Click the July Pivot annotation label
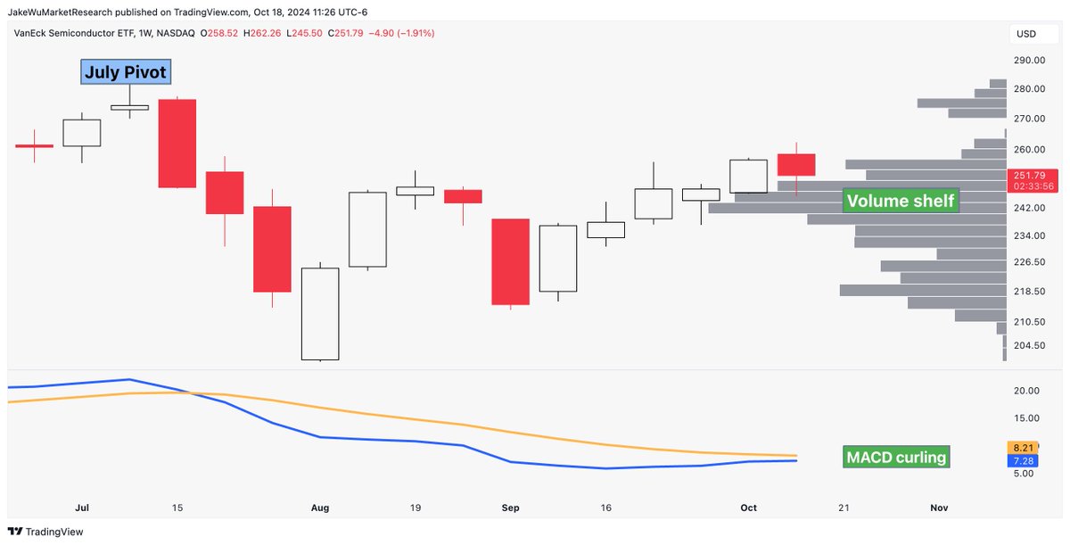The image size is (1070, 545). [x=125, y=72]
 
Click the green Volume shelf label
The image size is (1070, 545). [x=900, y=201]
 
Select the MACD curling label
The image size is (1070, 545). [x=895, y=458]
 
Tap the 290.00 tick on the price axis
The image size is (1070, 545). [x=1029, y=61]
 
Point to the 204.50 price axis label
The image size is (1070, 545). [x=1029, y=345]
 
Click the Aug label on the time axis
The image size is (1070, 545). [x=320, y=508]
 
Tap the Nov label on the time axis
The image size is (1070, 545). [x=938, y=508]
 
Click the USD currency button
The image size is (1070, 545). [x=1026, y=34]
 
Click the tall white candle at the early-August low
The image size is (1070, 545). [x=319, y=313]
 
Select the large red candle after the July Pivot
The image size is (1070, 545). [x=177, y=143]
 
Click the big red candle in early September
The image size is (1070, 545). [x=510, y=261]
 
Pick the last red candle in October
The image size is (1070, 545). [x=795, y=164]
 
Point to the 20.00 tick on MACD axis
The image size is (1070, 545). [x=1027, y=391]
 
